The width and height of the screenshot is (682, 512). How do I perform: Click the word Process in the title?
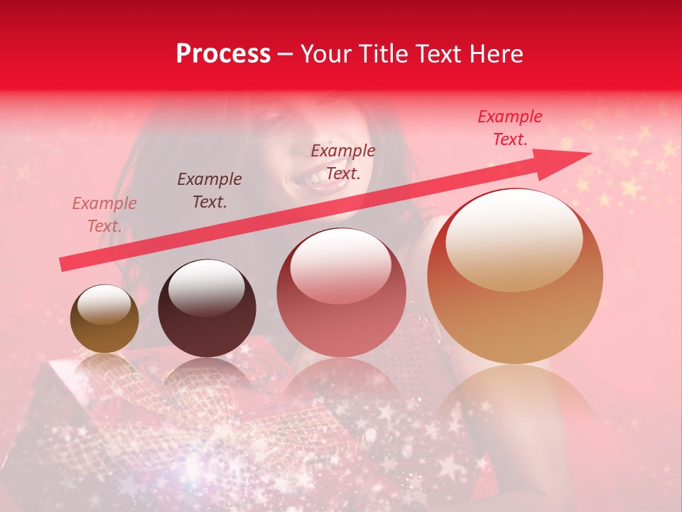coord(223,54)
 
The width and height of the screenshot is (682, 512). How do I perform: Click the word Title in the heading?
coord(382,54)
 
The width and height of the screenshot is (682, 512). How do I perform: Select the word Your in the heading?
coord(328,54)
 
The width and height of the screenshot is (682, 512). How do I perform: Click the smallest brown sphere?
coord(104,319)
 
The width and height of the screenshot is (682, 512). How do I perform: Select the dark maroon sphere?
coord(207,309)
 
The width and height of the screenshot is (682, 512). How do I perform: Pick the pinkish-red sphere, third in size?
coord(341,293)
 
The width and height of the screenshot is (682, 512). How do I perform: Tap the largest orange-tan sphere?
coord(515,277)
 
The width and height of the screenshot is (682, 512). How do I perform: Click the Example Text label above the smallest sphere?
coord(104,215)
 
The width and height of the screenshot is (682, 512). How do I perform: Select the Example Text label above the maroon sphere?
coord(210,191)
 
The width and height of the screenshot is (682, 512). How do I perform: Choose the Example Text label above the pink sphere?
coord(343,161)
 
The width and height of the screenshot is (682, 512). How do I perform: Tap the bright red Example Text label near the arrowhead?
coord(510,128)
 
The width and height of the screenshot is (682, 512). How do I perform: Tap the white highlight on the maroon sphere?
coord(206,288)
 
